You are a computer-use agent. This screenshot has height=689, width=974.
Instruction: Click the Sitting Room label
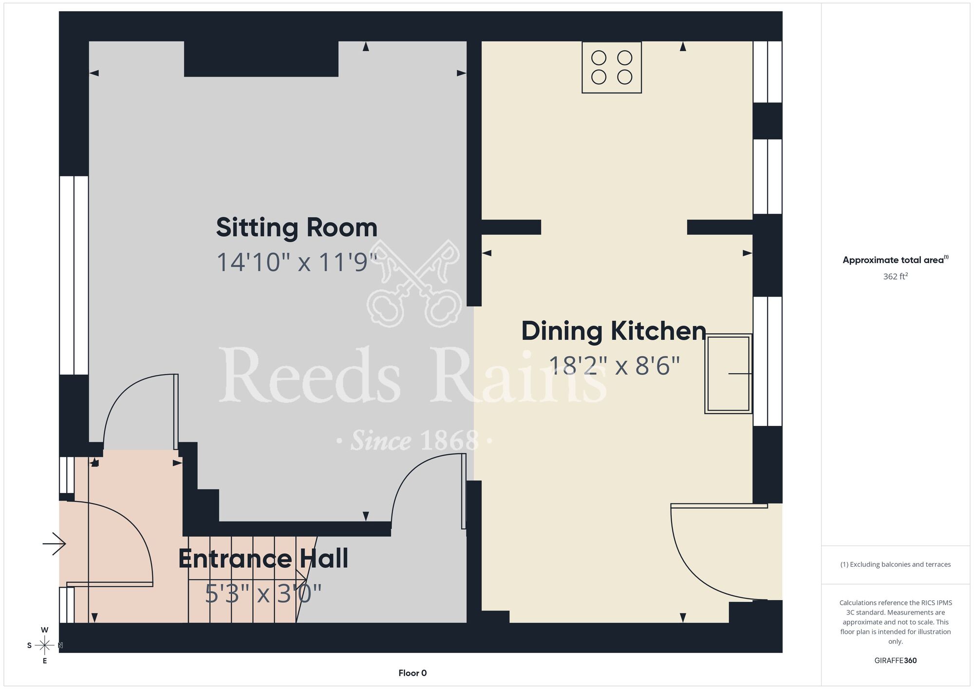297,228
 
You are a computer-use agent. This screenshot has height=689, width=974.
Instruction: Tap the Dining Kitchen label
614,331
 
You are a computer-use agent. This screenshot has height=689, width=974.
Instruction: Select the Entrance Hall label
263,558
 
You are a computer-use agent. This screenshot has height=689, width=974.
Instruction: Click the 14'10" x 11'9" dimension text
297,262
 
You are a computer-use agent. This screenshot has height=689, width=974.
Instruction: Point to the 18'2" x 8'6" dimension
614,365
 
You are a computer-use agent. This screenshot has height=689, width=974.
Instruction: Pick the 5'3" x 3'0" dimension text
263,593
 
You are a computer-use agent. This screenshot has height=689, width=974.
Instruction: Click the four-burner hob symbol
612,67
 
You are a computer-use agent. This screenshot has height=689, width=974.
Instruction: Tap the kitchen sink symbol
729,374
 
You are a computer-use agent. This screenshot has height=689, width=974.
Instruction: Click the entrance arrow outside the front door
54,543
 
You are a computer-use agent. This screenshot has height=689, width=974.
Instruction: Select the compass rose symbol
45,646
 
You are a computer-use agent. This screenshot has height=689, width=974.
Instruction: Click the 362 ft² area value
896,276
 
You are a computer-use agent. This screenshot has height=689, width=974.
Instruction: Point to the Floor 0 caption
412,673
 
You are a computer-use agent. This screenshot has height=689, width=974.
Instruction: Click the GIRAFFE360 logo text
896,661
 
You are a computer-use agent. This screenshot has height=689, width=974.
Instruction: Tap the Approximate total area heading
896,260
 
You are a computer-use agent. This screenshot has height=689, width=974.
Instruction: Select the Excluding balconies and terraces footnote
896,564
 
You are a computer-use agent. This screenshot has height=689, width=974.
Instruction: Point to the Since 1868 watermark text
414,441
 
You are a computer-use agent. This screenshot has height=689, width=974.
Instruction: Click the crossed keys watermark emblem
414,283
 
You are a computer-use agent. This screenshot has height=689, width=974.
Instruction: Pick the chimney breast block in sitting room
261,59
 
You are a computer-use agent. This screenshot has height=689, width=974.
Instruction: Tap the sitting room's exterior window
74,275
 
